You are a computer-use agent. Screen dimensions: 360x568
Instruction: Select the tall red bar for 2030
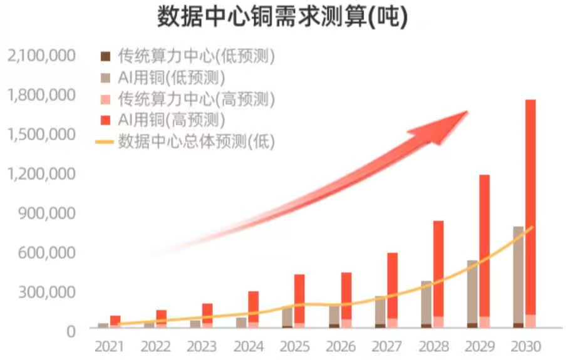coord(530,207)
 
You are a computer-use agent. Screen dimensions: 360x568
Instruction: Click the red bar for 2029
coord(484,244)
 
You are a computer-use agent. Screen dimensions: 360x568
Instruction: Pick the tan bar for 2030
coord(519,275)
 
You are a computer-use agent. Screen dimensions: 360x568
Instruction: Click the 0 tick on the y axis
coord(70,331)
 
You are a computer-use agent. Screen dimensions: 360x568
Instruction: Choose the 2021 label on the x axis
coord(109,346)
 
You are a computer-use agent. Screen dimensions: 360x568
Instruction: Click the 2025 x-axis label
coord(294,346)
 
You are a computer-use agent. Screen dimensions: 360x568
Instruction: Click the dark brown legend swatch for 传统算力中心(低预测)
coord(106,57)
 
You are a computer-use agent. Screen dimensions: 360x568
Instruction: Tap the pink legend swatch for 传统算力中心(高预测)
coord(106,99)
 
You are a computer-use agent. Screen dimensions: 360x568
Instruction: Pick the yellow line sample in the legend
coord(104,141)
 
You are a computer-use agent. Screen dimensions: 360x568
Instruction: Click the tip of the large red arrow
coord(467,112)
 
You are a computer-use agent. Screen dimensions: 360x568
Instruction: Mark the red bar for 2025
coord(299,298)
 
